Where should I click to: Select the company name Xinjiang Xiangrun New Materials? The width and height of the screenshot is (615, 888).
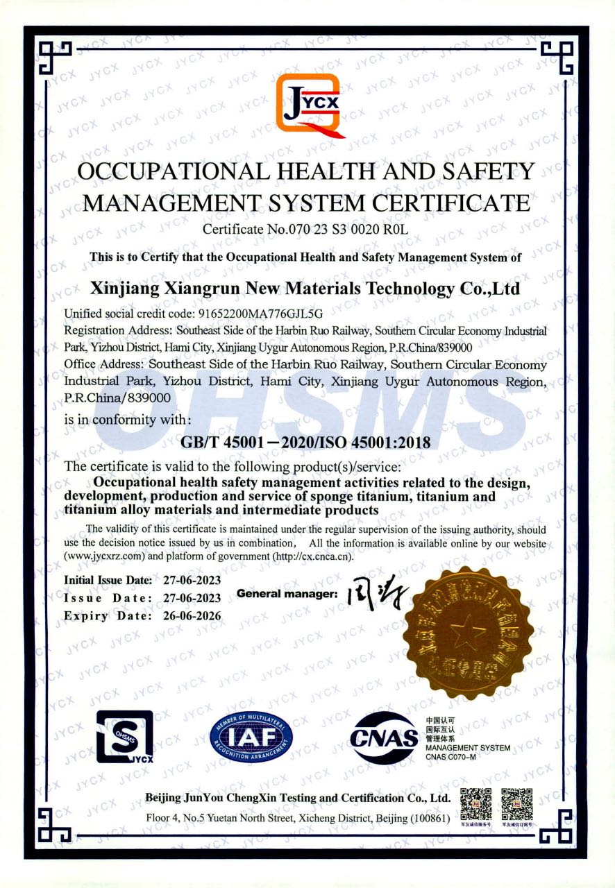coord(305,288)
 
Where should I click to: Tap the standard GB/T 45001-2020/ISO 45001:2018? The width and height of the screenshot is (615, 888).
coord(305,442)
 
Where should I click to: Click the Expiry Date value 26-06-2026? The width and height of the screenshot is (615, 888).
coord(189,616)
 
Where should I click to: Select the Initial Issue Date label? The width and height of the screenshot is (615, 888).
coord(108,580)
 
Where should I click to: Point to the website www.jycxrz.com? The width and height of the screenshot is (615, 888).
coord(105,556)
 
